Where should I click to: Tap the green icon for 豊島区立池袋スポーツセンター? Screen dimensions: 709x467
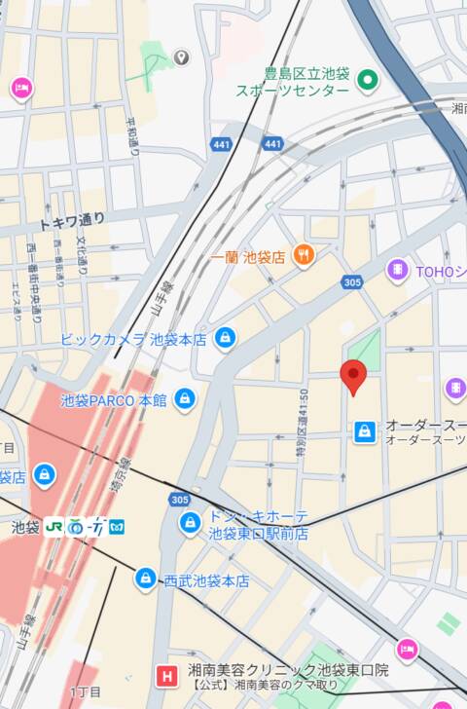(x=367, y=80)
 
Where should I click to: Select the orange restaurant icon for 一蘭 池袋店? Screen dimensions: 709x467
(x=305, y=256)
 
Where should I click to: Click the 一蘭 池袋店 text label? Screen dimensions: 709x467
(x=248, y=257)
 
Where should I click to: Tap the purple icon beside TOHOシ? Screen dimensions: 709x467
(x=397, y=270)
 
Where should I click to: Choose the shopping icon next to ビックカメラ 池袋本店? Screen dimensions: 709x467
(x=226, y=339)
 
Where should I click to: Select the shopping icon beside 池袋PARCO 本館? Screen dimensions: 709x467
(x=184, y=399)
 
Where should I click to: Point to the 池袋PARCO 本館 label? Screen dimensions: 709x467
(x=113, y=400)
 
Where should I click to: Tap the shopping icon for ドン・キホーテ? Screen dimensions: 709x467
(x=191, y=524)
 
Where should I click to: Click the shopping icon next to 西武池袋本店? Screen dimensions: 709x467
(x=146, y=579)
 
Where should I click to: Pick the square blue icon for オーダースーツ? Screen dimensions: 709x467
(x=365, y=431)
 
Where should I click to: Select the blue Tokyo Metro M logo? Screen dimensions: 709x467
(x=117, y=527)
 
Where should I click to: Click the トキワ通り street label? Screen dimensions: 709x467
(x=71, y=221)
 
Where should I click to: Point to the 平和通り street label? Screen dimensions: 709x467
(x=132, y=136)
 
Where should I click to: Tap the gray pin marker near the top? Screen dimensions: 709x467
(x=181, y=58)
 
